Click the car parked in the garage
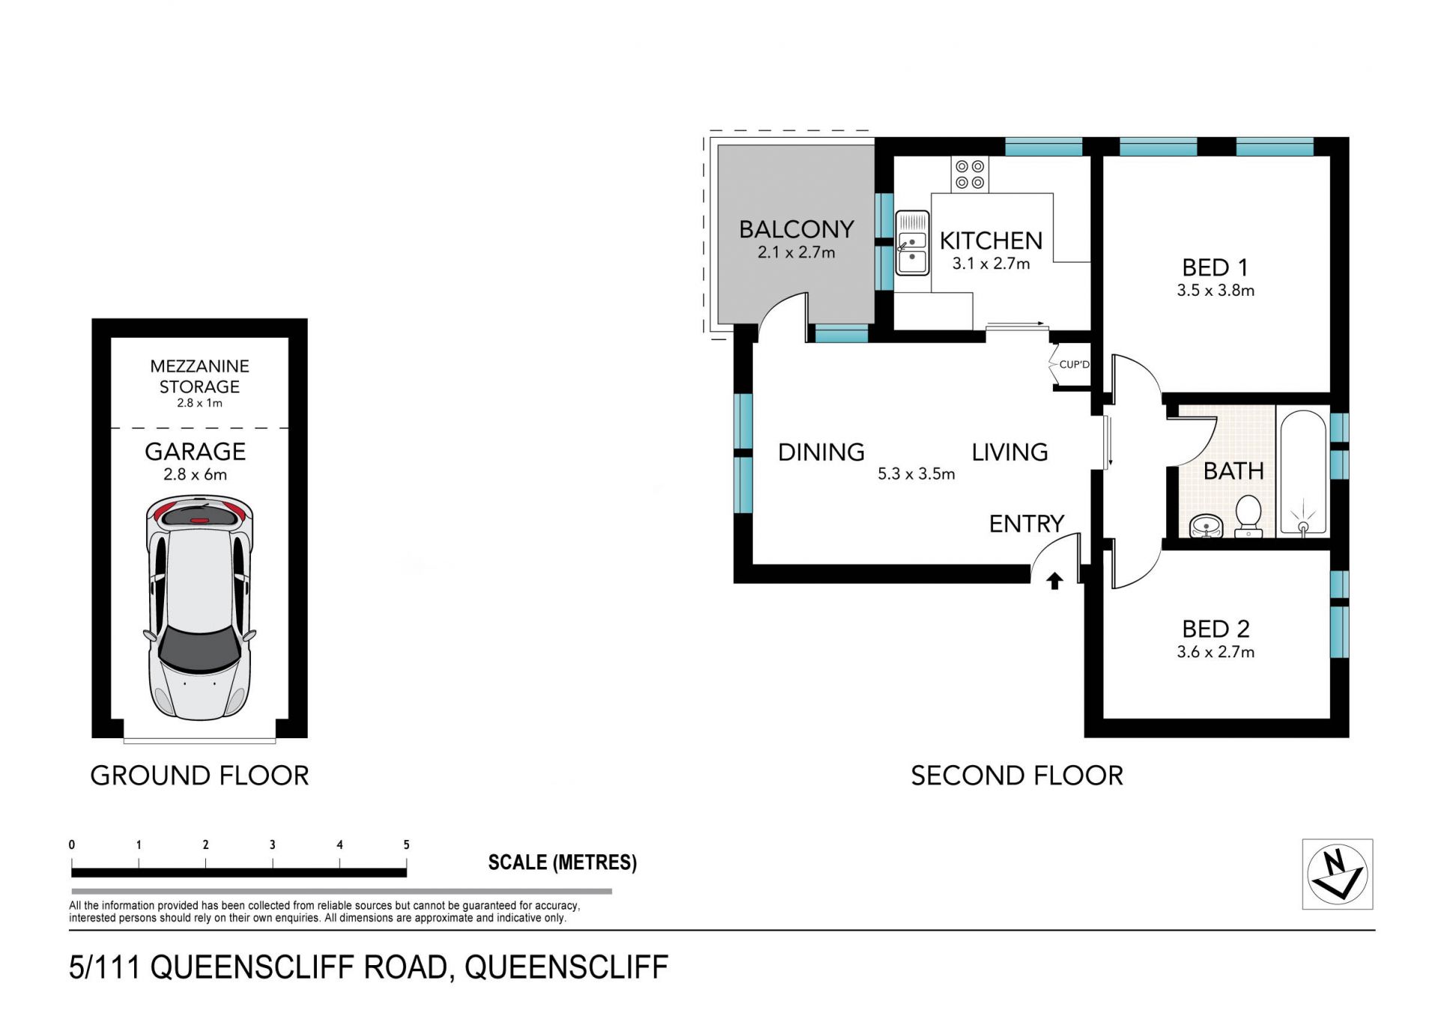tap(199, 607)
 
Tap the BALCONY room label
tap(796, 229)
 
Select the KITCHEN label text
tap(991, 240)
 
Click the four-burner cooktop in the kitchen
tap(970, 174)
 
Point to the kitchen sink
tap(912, 243)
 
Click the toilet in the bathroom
tap(1248, 516)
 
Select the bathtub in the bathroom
tap(1303, 472)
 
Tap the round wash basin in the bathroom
tap(1206, 526)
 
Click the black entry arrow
tap(1055, 580)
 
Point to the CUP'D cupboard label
tap(1074, 365)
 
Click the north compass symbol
tap(1337, 874)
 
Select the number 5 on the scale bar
tap(407, 845)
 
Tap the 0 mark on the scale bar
tap(72, 845)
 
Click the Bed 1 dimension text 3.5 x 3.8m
tap(1216, 290)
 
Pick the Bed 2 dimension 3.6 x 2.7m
tap(1216, 652)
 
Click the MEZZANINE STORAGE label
tap(199, 377)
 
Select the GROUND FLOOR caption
tap(199, 776)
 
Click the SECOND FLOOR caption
tap(1017, 776)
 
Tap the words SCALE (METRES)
tap(562, 863)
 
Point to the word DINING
tap(822, 452)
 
